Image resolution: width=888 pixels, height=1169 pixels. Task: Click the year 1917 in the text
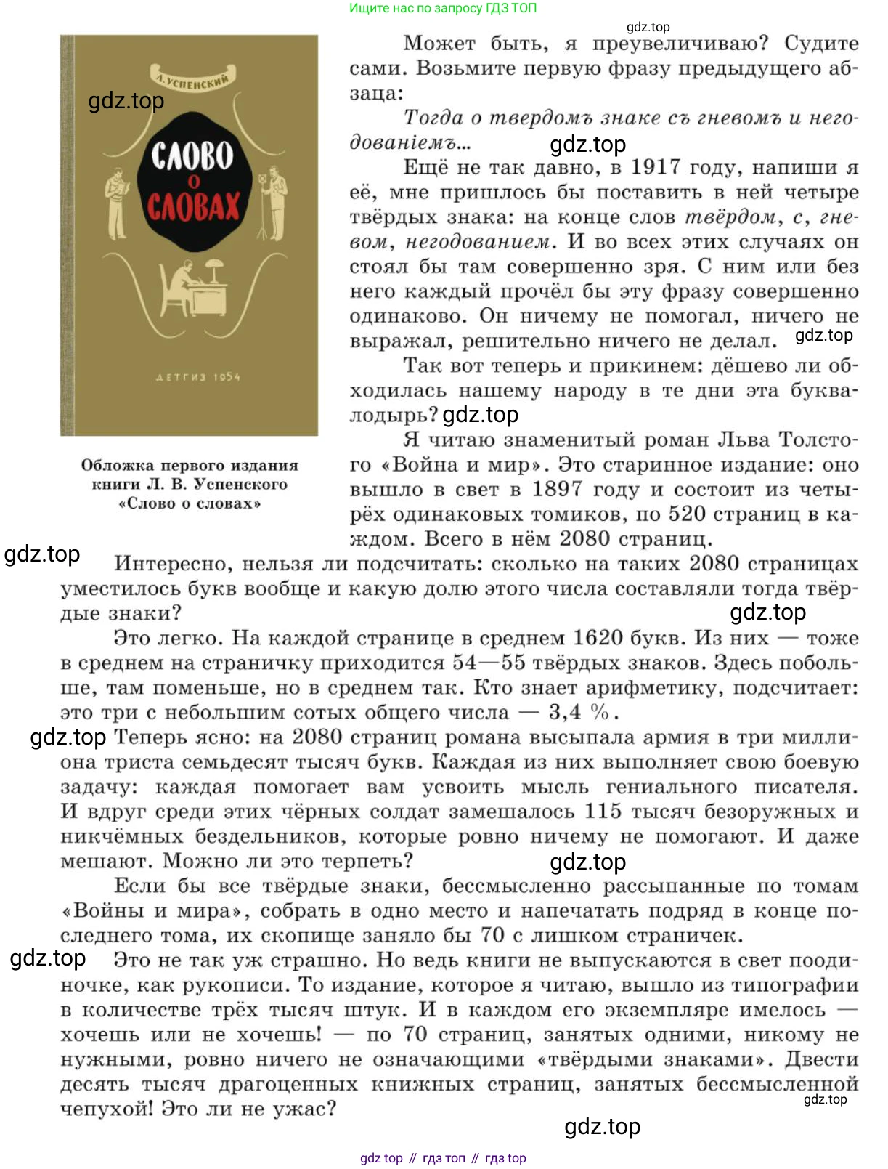point(656,167)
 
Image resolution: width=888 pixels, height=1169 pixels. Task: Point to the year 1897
point(556,489)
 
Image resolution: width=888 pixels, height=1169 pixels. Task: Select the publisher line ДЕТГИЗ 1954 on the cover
point(197,377)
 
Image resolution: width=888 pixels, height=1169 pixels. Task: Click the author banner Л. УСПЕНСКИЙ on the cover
point(192,81)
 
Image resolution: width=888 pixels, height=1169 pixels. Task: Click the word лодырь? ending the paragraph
point(394,416)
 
